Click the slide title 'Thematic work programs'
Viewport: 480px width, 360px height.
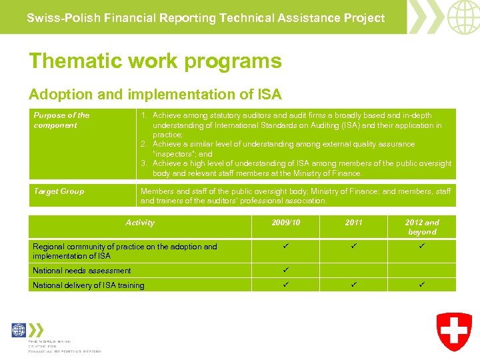click(155, 61)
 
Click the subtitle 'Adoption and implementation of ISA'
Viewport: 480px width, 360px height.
click(155, 95)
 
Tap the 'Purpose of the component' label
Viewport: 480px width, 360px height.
click(61, 120)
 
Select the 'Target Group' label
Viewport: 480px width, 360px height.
click(59, 191)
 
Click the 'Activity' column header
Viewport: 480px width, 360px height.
click(139, 223)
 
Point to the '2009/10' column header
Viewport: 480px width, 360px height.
click(285, 223)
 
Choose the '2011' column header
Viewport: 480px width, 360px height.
click(353, 223)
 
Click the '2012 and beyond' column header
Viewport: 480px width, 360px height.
click(422, 227)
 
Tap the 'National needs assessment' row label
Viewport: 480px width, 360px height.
click(82, 271)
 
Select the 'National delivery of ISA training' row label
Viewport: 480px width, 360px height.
click(89, 285)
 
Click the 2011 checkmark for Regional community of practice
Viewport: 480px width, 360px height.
click(353, 247)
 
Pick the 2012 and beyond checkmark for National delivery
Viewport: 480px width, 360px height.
click(422, 285)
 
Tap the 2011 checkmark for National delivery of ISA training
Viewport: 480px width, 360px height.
click(353, 285)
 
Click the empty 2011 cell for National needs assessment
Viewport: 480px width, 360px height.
click(353, 271)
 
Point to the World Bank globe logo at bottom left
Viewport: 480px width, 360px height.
click(19, 330)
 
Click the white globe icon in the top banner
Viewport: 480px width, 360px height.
click(463, 17)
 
